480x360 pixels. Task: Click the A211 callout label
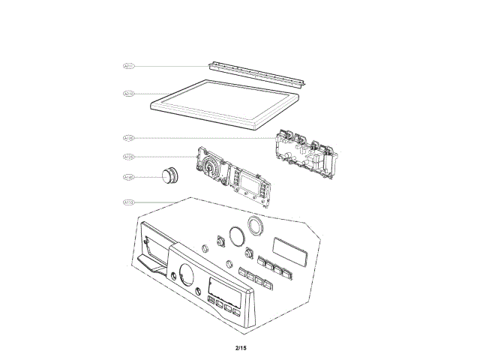coord(128,66)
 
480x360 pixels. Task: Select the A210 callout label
coord(128,94)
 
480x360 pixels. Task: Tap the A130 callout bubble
coord(128,138)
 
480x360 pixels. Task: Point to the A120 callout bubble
coord(128,157)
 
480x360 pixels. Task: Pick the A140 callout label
coord(128,178)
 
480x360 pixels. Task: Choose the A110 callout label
coord(128,202)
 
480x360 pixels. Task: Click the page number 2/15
coord(240,347)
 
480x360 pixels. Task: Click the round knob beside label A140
coord(169,175)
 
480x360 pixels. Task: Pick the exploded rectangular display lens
coord(288,247)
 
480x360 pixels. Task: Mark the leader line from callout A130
coord(202,138)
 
